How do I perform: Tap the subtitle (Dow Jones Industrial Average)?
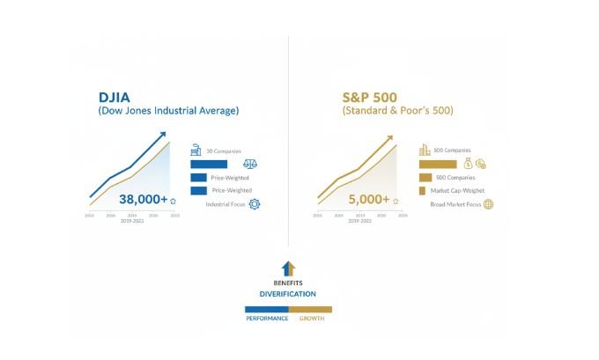[168, 111]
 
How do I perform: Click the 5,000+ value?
[369, 199]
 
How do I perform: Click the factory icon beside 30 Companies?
[196, 151]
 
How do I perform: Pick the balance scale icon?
[249, 165]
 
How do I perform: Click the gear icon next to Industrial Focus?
[255, 204]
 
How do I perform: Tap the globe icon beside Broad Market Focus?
[488, 204]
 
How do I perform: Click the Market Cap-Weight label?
[457, 191]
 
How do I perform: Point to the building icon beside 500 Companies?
[425, 151]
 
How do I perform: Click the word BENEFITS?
[287, 282]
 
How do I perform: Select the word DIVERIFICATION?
[287, 293]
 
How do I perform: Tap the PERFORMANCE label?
[266, 318]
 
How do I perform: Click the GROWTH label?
[312, 318]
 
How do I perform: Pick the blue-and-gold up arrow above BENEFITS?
[287, 268]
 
